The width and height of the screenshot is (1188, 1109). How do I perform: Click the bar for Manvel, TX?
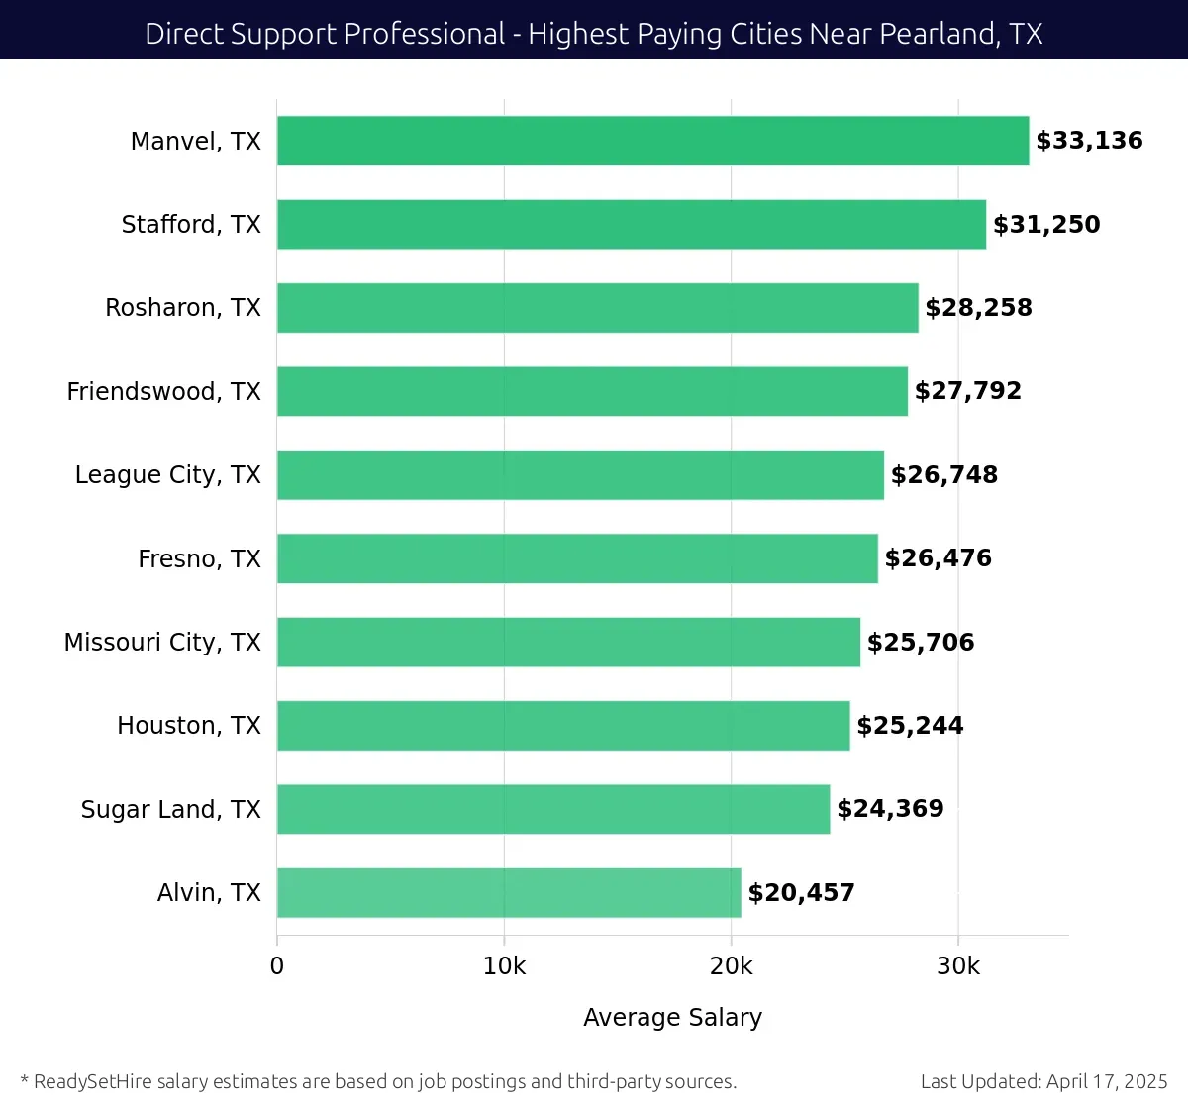coord(652,141)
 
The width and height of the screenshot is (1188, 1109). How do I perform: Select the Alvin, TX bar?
coord(509,892)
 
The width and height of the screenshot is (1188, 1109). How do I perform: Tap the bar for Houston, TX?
coord(563,726)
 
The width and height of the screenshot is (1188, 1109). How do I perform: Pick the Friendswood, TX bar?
coord(592,391)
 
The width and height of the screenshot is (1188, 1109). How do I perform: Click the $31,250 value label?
coord(1046,225)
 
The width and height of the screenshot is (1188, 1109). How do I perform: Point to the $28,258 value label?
coord(978,308)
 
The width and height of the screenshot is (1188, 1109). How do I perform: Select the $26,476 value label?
coord(938,558)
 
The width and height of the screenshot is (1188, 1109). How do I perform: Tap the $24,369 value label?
coord(890,809)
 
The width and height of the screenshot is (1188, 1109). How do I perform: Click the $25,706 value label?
coord(921,643)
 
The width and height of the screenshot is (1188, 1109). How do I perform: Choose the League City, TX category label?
coord(167,475)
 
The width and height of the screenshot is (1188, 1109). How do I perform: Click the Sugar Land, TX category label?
coord(170,810)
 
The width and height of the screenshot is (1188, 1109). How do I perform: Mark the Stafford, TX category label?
coord(191,225)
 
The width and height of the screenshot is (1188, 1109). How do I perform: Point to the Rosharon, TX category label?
coord(183,308)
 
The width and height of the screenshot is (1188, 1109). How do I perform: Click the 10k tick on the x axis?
coord(504,966)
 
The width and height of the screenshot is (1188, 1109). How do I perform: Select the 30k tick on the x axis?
coord(957,966)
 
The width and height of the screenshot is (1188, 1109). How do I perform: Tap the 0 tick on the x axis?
coord(277,966)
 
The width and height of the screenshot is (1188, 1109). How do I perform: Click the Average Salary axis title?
coord(672,1018)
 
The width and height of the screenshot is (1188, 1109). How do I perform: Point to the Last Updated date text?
coord(1043,1081)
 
